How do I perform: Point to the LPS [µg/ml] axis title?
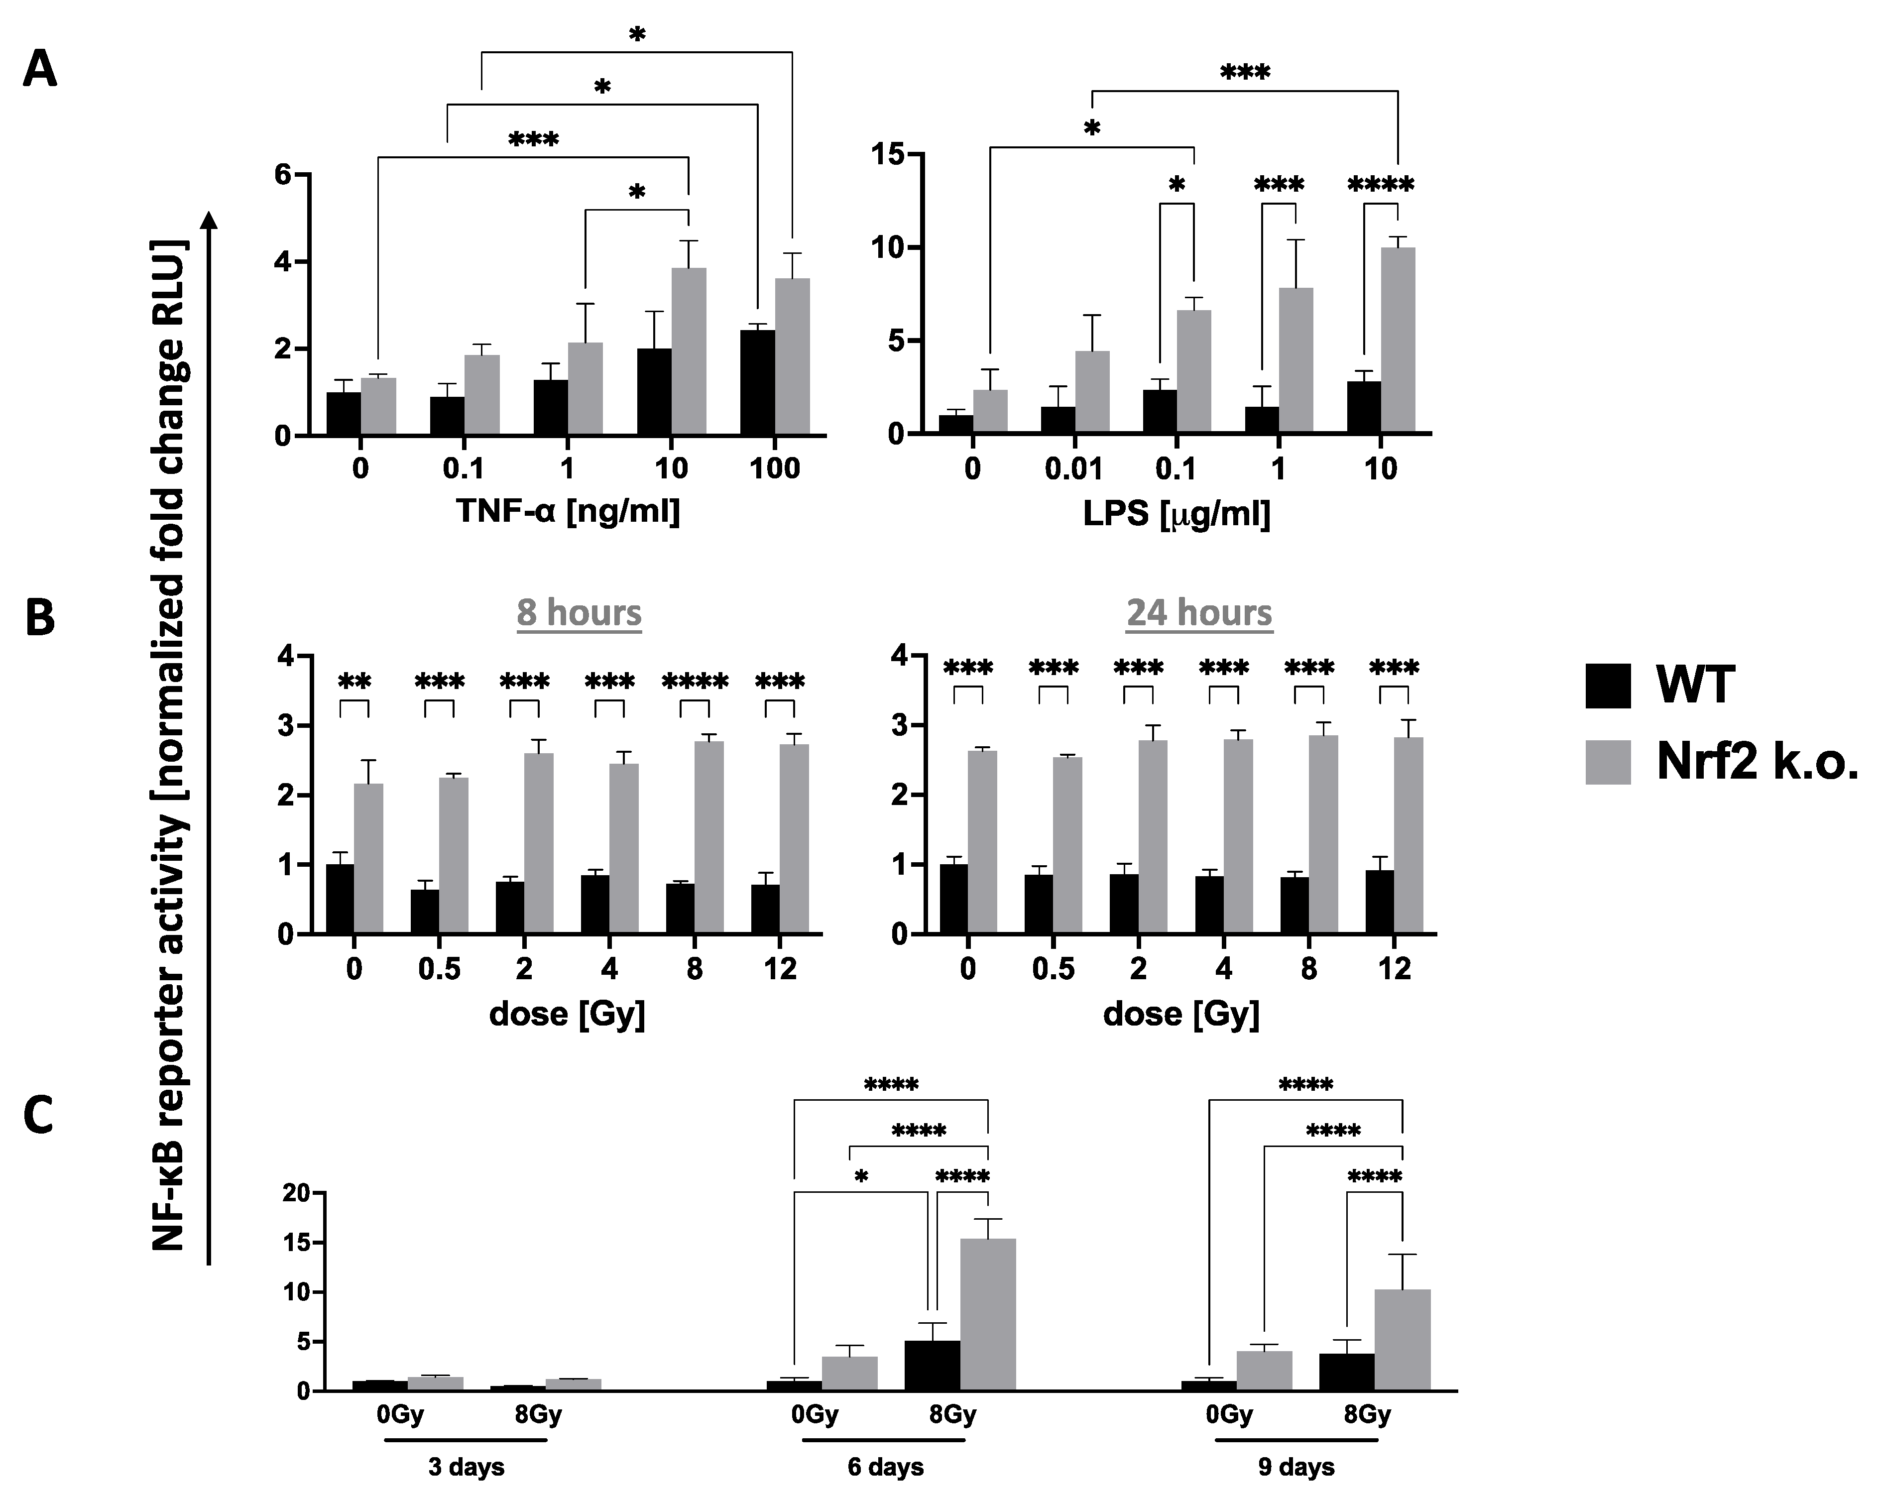click(1176, 514)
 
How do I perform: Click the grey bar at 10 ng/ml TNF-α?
click(689, 352)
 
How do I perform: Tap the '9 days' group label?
click(1296, 1468)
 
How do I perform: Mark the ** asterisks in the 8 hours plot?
click(354, 681)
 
